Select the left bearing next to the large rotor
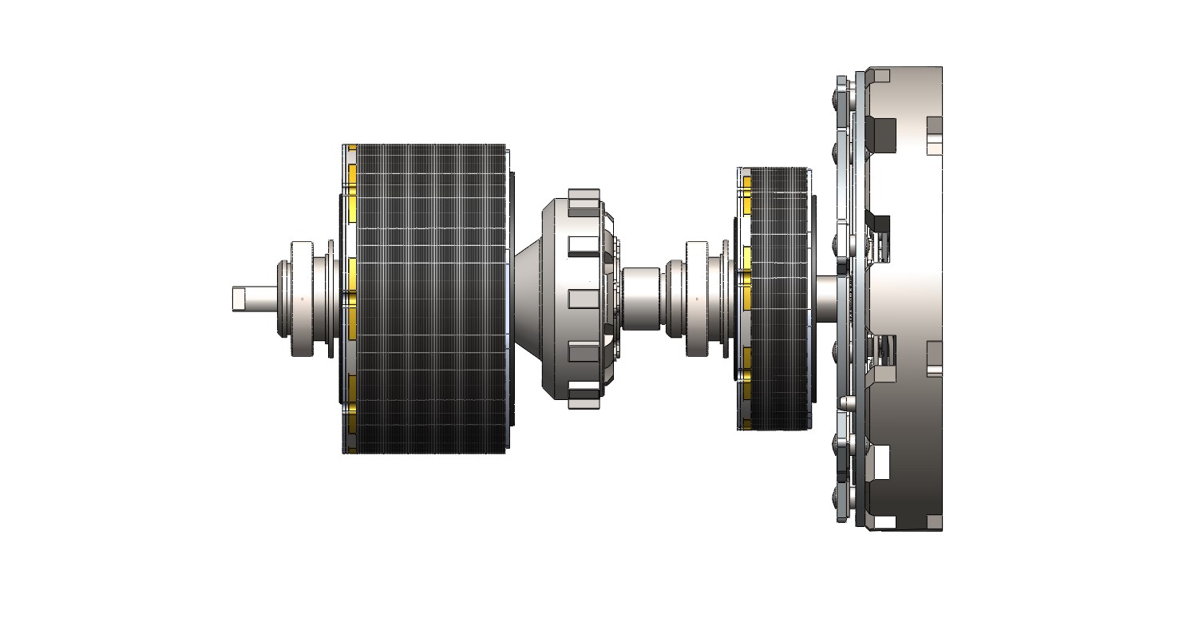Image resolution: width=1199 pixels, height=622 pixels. pyautogui.click(x=303, y=299)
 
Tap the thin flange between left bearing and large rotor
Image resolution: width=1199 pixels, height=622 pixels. pyautogui.click(x=328, y=299)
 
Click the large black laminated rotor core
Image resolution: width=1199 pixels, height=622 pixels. pyautogui.click(x=429, y=299)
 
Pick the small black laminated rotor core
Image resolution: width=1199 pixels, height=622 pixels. pyautogui.click(x=779, y=299)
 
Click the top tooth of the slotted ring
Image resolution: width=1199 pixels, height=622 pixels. pyautogui.click(x=584, y=196)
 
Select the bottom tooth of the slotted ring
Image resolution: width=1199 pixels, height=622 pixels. pyautogui.click(x=584, y=401)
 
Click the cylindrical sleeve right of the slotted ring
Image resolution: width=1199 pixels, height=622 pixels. pyautogui.click(x=641, y=299)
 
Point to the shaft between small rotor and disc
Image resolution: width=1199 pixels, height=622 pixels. pyautogui.click(x=827, y=299)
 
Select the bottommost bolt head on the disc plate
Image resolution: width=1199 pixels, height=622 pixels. pyautogui.click(x=841, y=496)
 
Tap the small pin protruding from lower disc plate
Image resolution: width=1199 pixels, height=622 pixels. pyautogui.click(x=844, y=400)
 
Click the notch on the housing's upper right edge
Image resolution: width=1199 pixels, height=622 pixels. pyautogui.click(x=933, y=125)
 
